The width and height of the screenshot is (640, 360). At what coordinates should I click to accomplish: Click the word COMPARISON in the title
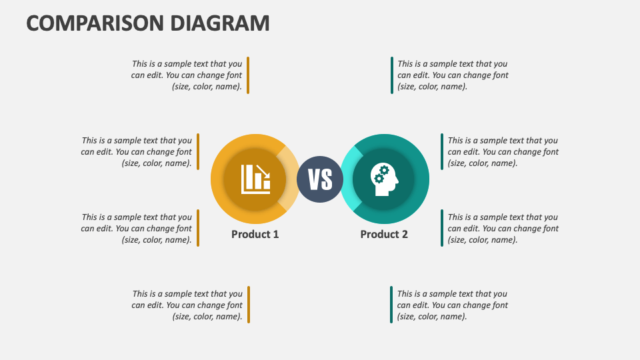pos(96,23)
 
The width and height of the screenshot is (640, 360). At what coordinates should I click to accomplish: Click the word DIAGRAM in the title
pos(220,23)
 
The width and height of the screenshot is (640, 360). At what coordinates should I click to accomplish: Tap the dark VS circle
pos(320,179)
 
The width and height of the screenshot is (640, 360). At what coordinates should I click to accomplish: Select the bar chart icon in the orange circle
pos(255,179)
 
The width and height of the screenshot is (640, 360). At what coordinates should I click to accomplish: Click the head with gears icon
pos(384,179)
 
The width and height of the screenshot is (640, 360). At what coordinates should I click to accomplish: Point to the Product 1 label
pos(255,234)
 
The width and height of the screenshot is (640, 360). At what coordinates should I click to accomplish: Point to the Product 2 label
pos(384,234)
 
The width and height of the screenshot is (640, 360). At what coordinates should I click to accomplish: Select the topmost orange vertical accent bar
pos(248,75)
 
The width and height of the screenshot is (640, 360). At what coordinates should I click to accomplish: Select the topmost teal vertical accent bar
pos(392,75)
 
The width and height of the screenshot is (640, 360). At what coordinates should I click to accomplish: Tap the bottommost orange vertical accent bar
pos(248,305)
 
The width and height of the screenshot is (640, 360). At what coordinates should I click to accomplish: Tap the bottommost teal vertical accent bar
pos(391,305)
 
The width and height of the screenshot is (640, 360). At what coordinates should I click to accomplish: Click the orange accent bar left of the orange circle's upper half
pos(198,151)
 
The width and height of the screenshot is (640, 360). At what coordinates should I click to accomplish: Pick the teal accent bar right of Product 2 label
pos(441,228)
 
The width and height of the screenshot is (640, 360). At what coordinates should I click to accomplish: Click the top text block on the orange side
pos(187,75)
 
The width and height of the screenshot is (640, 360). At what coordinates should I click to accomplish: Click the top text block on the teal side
pos(453,75)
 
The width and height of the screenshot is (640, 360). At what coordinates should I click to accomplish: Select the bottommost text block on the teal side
pos(452,305)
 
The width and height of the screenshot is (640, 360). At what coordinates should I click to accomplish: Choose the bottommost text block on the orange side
pos(187,305)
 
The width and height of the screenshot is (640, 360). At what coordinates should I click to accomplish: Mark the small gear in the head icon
pos(379,179)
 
